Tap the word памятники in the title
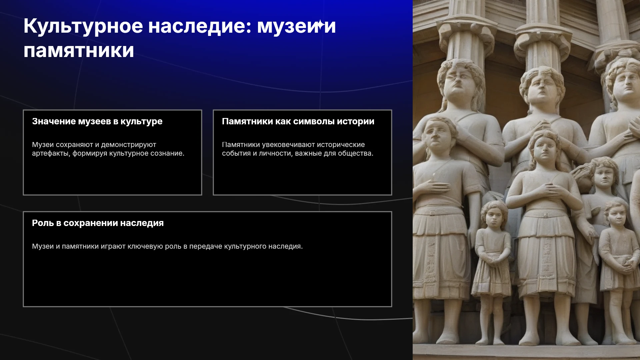click(79, 51)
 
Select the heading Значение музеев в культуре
click(97, 121)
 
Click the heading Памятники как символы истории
click(298, 121)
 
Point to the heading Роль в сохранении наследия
click(98, 223)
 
